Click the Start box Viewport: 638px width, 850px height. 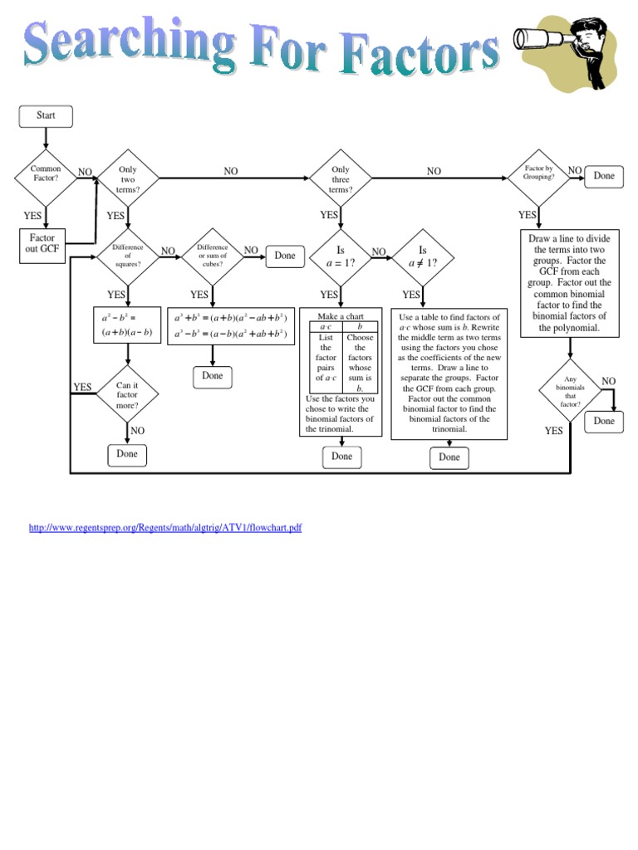(x=46, y=116)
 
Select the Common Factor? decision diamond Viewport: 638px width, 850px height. (x=46, y=174)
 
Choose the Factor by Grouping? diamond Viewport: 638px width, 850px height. (x=538, y=173)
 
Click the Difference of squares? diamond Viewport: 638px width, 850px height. (x=127, y=255)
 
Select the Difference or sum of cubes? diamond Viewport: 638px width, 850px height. (x=212, y=255)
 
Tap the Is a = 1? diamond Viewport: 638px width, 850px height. (x=340, y=256)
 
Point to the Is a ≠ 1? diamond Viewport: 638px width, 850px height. (x=422, y=256)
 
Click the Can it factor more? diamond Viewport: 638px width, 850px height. (x=127, y=394)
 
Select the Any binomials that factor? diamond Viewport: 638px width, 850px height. (x=570, y=391)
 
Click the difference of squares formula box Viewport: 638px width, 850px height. (x=127, y=325)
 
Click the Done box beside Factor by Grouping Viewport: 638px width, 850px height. (x=604, y=176)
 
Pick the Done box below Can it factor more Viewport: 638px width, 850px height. (x=127, y=455)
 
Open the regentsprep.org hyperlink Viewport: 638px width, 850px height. (x=164, y=528)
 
